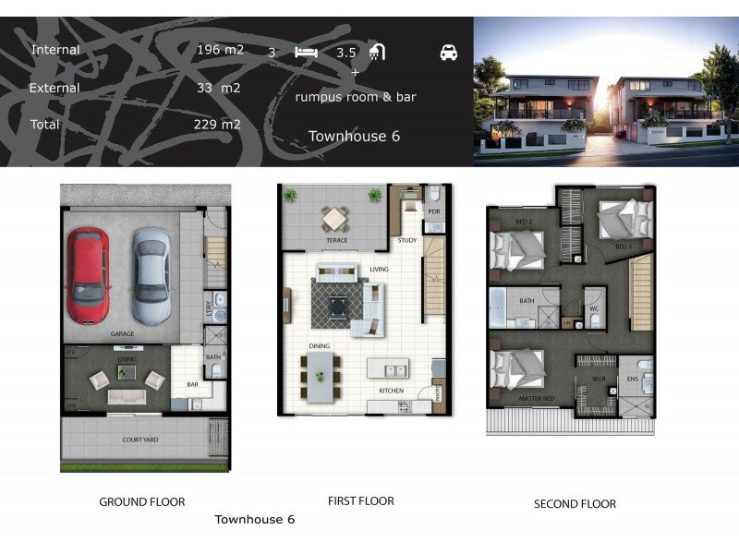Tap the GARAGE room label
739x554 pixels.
(x=123, y=333)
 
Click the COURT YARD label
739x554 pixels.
(x=139, y=440)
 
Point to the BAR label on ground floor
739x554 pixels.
(x=192, y=384)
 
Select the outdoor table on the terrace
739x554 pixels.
(x=333, y=219)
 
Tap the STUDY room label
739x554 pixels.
(x=407, y=241)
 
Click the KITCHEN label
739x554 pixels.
(x=391, y=391)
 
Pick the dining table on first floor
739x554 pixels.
(x=321, y=377)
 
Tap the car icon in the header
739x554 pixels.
(x=449, y=53)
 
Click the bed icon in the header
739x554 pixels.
(x=306, y=53)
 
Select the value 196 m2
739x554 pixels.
(x=220, y=50)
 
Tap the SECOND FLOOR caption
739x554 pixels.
(x=575, y=504)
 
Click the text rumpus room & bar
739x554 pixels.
(x=356, y=96)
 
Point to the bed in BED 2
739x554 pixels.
(x=516, y=247)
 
